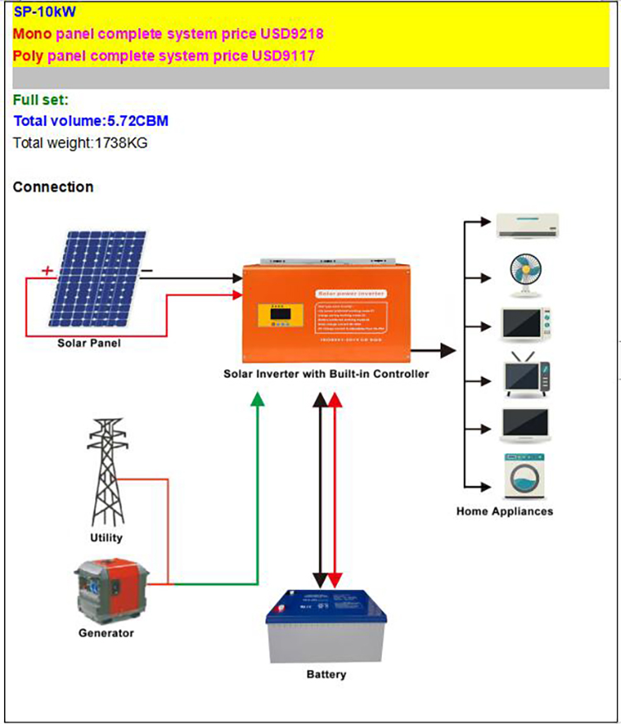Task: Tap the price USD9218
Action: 293,34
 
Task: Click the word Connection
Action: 53,187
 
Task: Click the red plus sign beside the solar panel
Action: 47,270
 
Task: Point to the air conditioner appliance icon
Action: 527,225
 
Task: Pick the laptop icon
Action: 525,424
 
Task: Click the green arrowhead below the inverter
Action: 258,398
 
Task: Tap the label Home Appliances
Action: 504,511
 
